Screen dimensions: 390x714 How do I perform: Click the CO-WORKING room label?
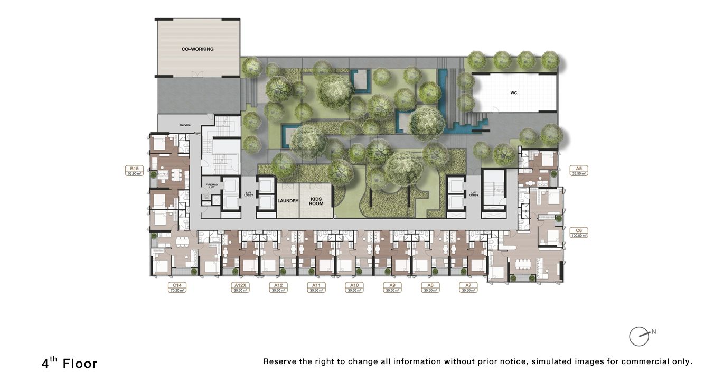[x=198, y=49]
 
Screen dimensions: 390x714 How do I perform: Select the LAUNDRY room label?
[x=288, y=201]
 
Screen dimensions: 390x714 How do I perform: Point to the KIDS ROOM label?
[x=316, y=201]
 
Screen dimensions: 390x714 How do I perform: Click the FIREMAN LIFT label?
[x=211, y=186]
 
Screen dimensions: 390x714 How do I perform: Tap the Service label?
[x=185, y=125]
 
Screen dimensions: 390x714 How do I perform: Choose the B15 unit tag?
[x=133, y=170]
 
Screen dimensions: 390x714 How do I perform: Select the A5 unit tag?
[x=579, y=170]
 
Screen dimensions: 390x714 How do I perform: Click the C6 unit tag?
[x=579, y=233]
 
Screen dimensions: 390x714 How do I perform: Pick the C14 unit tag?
[x=177, y=287]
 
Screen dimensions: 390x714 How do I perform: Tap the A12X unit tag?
[x=240, y=287]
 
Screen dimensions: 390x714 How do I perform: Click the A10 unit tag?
[x=354, y=287]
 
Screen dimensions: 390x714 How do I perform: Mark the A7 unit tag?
[x=468, y=287]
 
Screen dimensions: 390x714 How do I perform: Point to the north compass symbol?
[x=640, y=336]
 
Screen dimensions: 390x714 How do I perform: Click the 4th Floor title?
[x=70, y=363]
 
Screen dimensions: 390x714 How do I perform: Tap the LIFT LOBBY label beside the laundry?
[x=248, y=194]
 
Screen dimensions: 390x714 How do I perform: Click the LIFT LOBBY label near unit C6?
[x=474, y=194]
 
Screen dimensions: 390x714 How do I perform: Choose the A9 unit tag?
[x=392, y=287]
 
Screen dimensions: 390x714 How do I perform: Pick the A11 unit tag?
[x=316, y=287]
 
